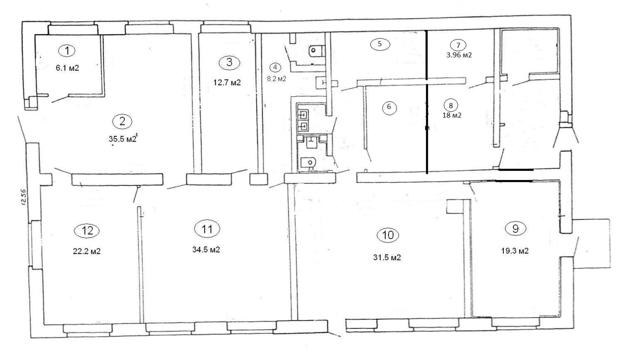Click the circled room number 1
point(67,50)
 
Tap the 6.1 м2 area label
point(68,68)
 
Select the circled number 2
point(122,121)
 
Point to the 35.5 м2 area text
point(122,139)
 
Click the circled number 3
point(229,62)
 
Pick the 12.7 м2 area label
point(227,82)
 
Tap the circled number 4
point(275,67)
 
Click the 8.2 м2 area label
point(276,79)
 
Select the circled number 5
point(380,44)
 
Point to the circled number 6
point(389,107)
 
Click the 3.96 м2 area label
point(459,55)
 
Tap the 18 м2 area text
point(452,115)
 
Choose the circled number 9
point(515,228)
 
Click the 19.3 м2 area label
point(515,251)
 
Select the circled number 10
point(388,235)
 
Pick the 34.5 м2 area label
point(206,250)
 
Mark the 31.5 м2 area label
point(387,258)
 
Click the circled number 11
point(207,229)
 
